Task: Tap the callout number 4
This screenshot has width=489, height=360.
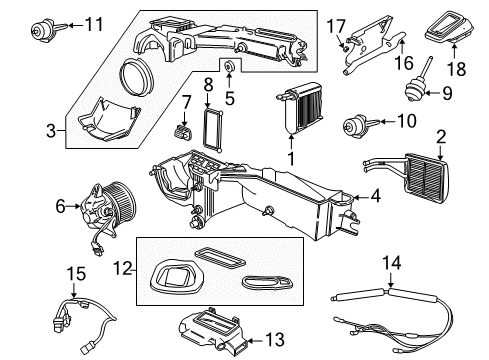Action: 374,198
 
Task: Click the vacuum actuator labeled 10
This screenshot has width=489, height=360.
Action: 356,127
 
